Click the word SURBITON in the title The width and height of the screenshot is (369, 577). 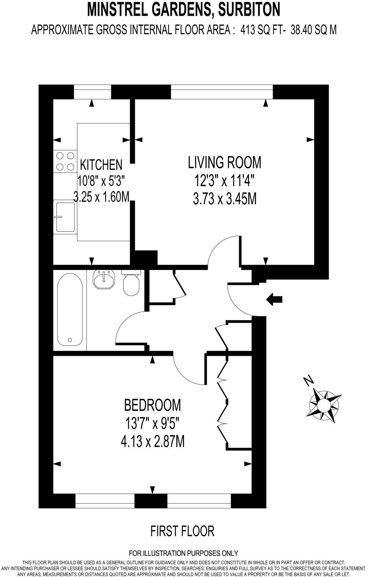pyautogui.click(x=249, y=10)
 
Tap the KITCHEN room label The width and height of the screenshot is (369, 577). pyautogui.click(x=101, y=165)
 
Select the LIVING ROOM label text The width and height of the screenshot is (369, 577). pyautogui.click(x=224, y=162)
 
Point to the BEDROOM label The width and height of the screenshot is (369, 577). pyautogui.click(x=153, y=405)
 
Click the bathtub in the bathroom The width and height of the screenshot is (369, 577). pyautogui.click(x=70, y=310)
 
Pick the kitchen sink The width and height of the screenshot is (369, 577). pyautogui.click(x=65, y=217)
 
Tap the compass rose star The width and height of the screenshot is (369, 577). pyautogui.click(x=324, y=404)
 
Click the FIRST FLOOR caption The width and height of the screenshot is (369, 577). pyautogui.click(x=182, y=531)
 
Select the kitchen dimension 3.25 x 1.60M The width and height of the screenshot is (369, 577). pyautogui.click(x=101, y=197)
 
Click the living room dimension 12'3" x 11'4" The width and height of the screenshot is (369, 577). pyautogui.click(x=224, y=181)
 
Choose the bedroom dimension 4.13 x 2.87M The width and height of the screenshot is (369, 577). pyautogui.click(x=153, y=442)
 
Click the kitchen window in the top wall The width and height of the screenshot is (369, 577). pyautogui.click(x=93, y=92)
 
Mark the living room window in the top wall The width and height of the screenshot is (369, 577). pyautogui.click(x=222, y=92)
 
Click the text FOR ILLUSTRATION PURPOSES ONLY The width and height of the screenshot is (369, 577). pyautogui.click(x=183, y=553)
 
